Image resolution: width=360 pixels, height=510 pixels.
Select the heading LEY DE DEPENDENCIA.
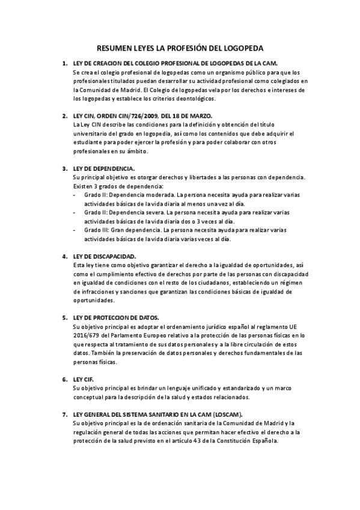103,168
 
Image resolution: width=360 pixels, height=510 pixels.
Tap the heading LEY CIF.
84,380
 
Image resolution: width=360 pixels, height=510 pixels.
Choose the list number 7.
64,415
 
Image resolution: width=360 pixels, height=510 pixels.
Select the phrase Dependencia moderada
140,195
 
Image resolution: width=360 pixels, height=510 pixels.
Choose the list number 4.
64,256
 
